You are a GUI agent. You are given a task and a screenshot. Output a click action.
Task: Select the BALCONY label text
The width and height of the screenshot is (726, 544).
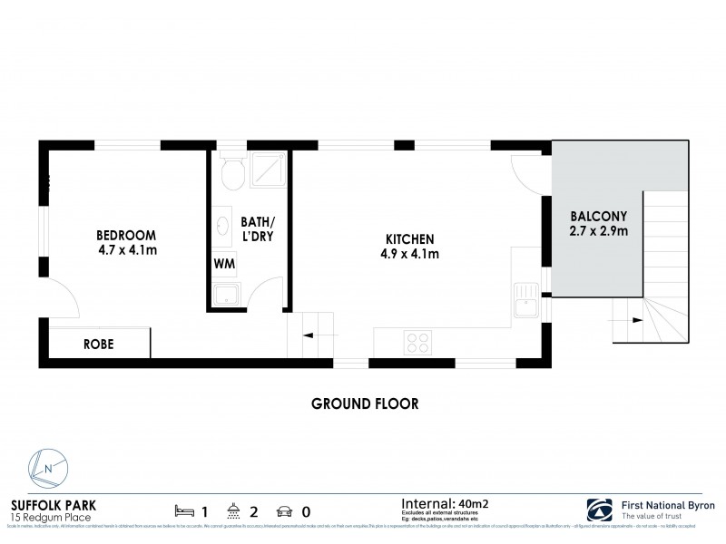point(596,217)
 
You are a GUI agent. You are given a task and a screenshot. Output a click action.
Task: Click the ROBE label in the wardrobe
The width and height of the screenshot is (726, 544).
point(98,345)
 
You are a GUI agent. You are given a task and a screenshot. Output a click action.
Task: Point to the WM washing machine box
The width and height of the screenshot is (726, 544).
point(223,264)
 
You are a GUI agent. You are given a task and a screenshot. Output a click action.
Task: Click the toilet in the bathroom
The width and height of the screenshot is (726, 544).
point(234,171)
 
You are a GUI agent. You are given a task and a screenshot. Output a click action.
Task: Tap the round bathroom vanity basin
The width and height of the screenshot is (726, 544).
point(223,228)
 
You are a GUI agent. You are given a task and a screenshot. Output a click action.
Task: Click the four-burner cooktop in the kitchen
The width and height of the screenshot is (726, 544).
point(417,342)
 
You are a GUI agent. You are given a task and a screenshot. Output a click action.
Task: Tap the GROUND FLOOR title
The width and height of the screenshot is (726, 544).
point(364,403)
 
